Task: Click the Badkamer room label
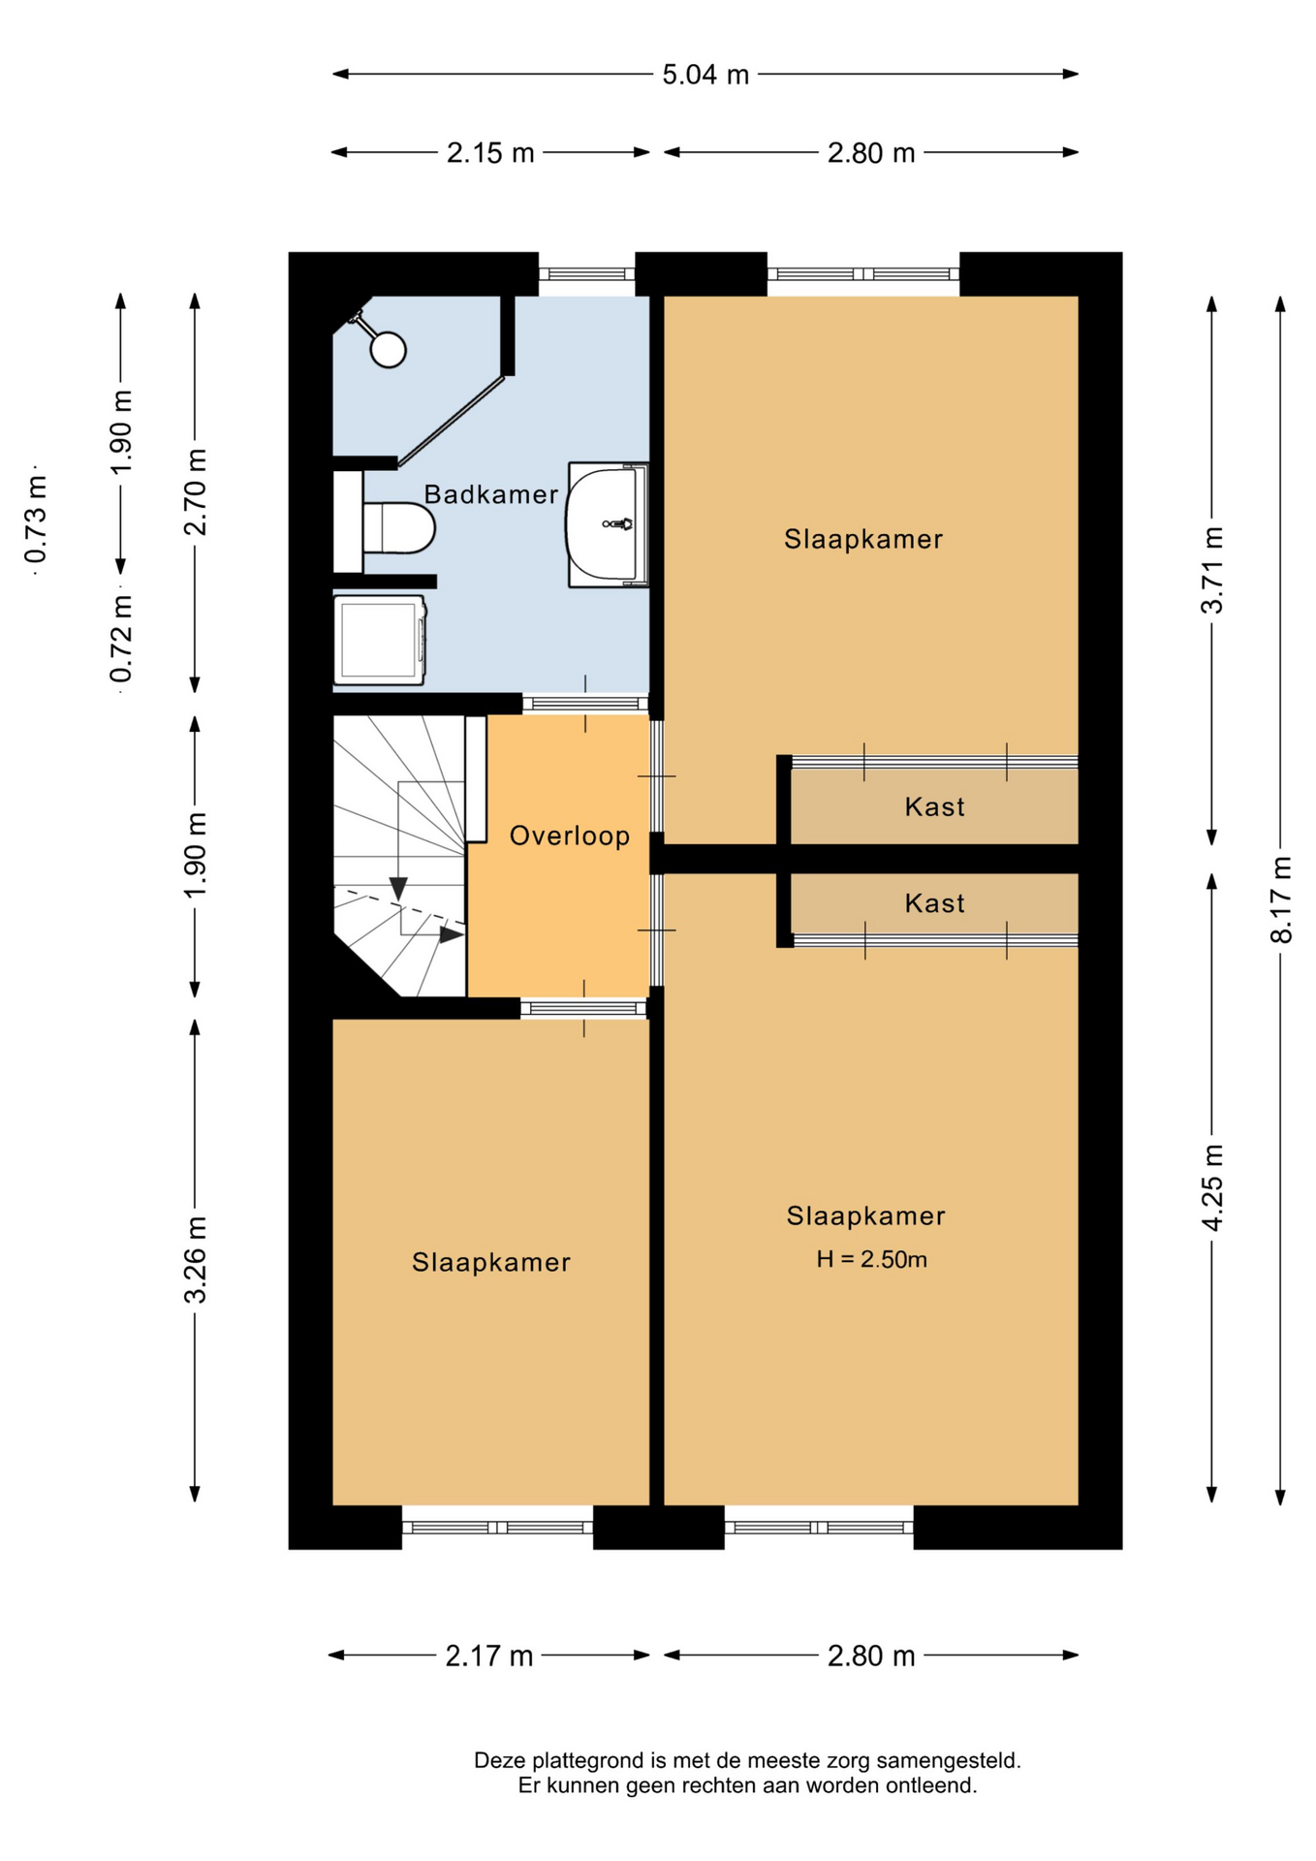[491, 494]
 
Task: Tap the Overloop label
[570, 836]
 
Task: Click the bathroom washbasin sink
[607, 524]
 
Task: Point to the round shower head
[389, 349]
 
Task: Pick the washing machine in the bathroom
[380, 641]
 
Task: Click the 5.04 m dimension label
[705, 75]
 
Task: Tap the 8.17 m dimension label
[1281, 899]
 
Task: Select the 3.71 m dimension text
[1211, 570]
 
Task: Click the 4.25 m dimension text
[1211, 1187]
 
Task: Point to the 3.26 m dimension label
[196, 1259]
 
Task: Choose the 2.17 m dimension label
[489, 1656]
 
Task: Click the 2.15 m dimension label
[490, 153]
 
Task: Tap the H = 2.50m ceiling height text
[871, 1259]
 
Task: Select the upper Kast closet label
[934, 806]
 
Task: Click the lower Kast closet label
[934, 903]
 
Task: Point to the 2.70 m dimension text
[196, 492]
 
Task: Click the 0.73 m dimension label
[36, 519]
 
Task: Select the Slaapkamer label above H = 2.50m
[865, 1215]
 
